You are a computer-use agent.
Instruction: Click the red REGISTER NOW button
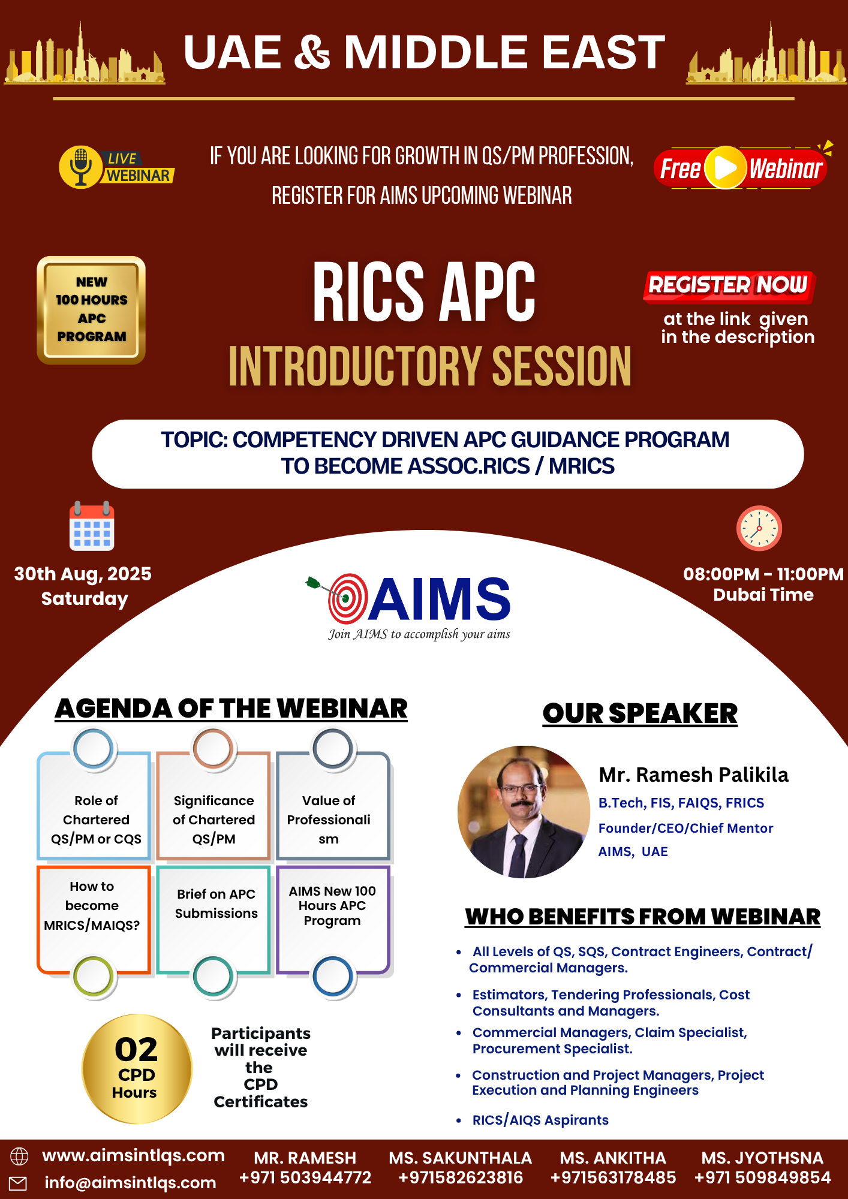729,285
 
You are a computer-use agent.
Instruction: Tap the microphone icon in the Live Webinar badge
80,167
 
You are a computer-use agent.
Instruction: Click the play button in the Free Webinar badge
726,168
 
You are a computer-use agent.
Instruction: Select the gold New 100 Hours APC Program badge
91,310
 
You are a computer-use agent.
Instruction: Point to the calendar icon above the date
92,526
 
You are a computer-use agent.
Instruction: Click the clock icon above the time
759,528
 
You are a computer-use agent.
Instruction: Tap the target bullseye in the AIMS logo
348,598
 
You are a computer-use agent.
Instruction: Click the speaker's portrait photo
524,812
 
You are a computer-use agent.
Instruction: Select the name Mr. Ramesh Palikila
693,775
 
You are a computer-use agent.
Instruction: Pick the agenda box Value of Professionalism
333,806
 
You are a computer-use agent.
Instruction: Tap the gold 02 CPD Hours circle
137,1069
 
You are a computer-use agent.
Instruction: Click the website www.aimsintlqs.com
133,1155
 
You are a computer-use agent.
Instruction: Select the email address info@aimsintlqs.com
130,1182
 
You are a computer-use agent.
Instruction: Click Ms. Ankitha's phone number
613,1177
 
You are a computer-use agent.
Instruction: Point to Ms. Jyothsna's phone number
762,1177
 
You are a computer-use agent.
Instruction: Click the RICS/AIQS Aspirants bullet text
540,1120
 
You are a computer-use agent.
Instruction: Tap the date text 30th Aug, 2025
83,574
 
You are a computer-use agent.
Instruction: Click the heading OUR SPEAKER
640,713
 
